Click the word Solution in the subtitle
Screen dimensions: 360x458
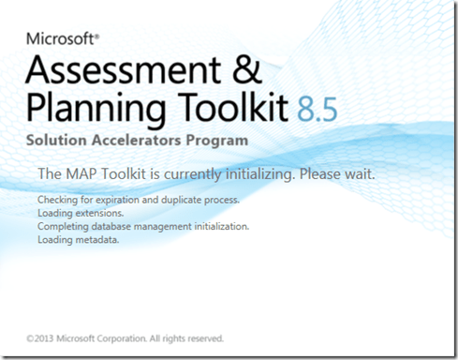tap(56, 142)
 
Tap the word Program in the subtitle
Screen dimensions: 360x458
tap(218, 142)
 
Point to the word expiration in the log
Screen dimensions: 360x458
tap(116, 202)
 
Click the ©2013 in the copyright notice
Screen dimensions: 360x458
tap(41, 337)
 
